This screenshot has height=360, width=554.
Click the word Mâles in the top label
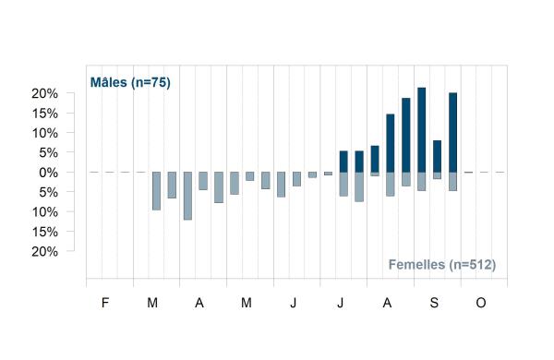coord(108,82)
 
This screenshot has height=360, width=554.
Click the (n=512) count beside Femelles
coord(473,265)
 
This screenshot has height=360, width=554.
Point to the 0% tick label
coord(48,173)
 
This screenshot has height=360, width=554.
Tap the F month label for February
coord(105,303)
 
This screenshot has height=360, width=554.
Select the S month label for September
coord(434,303)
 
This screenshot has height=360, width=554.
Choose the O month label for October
coord(481,303)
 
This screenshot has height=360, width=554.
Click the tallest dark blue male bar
coord(422,129)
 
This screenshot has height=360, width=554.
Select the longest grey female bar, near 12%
coord(187,196)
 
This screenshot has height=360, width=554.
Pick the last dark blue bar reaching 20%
coord(453,133)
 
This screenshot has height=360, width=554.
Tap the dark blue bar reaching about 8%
coord(437,156)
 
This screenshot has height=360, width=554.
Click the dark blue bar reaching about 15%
coord(390,143)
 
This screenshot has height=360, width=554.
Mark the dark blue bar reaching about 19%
coord(406,135)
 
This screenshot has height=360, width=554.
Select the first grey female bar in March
coord(156,191)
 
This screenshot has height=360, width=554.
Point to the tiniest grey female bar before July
coord(328,174)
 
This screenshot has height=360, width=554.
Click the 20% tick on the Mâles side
coord(44,93)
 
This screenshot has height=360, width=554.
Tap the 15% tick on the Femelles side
coord(44,232)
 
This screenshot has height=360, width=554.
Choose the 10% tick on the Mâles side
coord(44,133)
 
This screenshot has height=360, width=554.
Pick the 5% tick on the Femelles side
coord(48,193)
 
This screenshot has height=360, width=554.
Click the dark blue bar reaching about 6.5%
coord(375,159)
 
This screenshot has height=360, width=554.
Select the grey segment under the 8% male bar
coord(437,175)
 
